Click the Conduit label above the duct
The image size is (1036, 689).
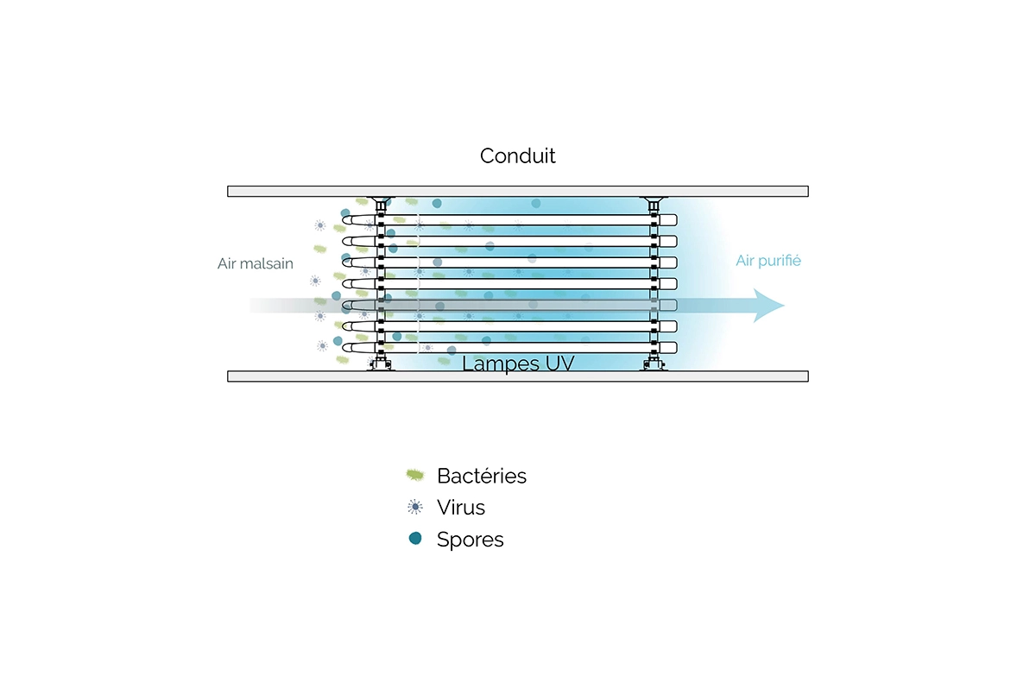click(x=518, y=156)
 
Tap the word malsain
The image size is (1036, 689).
click(x=269, y=263)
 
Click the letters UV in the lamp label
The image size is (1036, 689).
click(x=559, y=363)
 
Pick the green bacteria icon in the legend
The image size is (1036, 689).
click(x=415, y=474)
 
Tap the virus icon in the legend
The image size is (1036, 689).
click(x=415, y=507)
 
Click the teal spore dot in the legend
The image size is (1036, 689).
click(x=415, y=539)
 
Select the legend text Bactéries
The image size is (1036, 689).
click(x=482, y=476)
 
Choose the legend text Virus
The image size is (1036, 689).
click(x=461, y=508)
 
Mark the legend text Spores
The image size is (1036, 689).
click(x=470, y=540)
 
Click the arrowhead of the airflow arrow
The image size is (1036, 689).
click(x=768, y=306)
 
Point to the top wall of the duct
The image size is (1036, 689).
click(x=518, y=191)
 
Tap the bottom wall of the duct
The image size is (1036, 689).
click(x=518, y=376)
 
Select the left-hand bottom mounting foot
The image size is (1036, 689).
click(x=380, y=365)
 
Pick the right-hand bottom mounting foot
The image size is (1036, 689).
click(x=654, y=365)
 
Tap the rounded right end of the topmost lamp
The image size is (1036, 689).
click(x=673, y=219)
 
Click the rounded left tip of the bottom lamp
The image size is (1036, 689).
click(x=344, y=347)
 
